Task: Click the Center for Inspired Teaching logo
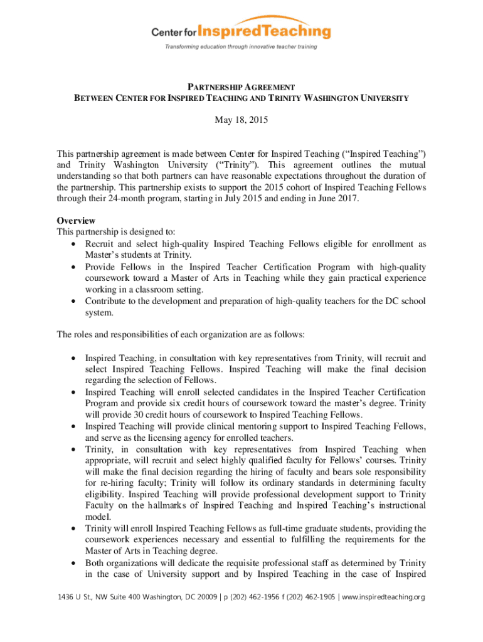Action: (241, 30)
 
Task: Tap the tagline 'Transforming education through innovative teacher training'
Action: (241, 47)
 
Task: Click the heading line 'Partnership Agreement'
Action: (242, 87)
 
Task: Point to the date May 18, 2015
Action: (242, 120)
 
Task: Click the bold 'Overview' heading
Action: (76, 221)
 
